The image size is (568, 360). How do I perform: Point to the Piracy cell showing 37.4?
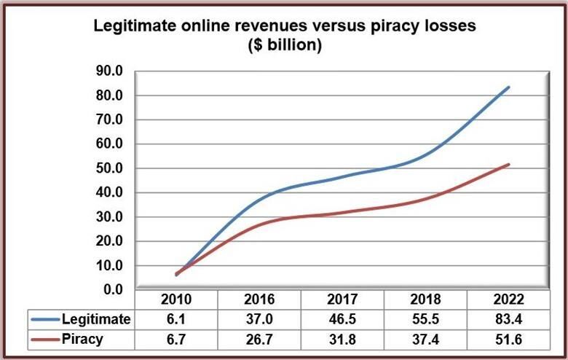pyautogui.click(x=425, y=338)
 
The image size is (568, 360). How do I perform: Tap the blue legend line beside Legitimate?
pyautogui.click(x=47, y=319)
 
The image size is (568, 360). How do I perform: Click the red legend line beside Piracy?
pyautogui.click(x=47, y=338)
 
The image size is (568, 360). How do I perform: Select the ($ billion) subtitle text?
pyautogui.click(x=284, y=45)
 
